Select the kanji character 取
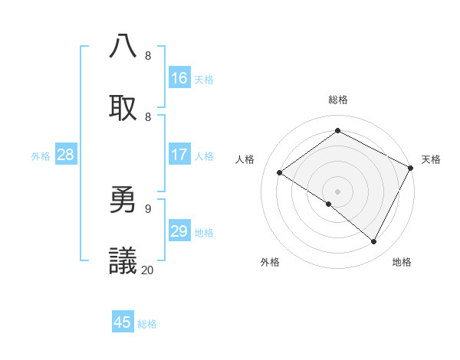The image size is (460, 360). click(x=123, y=108)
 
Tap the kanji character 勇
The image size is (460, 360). click(x=123, y=200)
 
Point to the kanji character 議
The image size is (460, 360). click(x=123, y=261)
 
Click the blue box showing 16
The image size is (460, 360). click(x=179, y=78)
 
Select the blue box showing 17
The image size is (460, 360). click(x=179, y=155)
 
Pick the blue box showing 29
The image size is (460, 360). click(x=179, y=231)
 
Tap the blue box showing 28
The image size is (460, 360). click(x=66, y=155)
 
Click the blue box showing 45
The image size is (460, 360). click(x=123, y=322)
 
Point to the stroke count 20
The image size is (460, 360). click(x=148, y=270)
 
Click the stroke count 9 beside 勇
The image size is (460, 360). click(x=148, y=208)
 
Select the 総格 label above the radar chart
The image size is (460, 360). click(x=337, y=100)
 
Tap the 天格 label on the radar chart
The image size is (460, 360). click(x=431, y=159)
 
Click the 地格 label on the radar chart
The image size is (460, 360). click(x=402, y=262)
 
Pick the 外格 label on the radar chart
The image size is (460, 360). click(x=270, y=262)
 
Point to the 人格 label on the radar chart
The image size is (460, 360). click(x=245, y=159)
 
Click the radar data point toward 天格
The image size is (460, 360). click(x=411, y=168)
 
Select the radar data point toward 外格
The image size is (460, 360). click(x=329, y=204)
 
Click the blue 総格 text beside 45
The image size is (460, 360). click(x=147, y=324)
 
